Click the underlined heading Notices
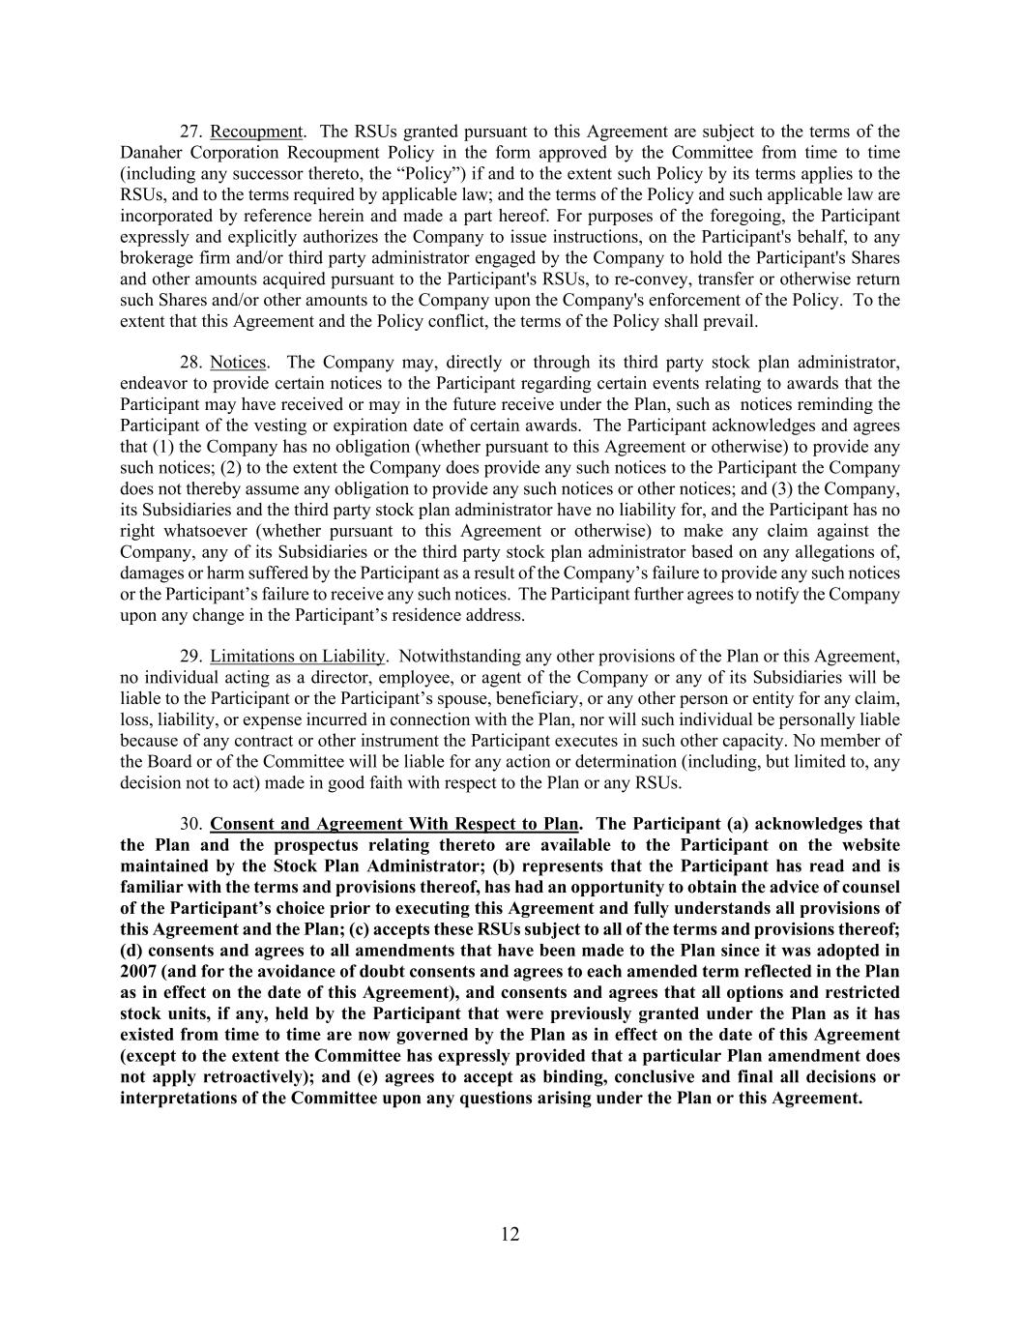tap(238, 363)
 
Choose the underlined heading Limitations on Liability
tap(298, 657)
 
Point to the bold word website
tap(866, 846)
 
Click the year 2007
tap(139, 972)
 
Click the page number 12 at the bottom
tap(510, 1234)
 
